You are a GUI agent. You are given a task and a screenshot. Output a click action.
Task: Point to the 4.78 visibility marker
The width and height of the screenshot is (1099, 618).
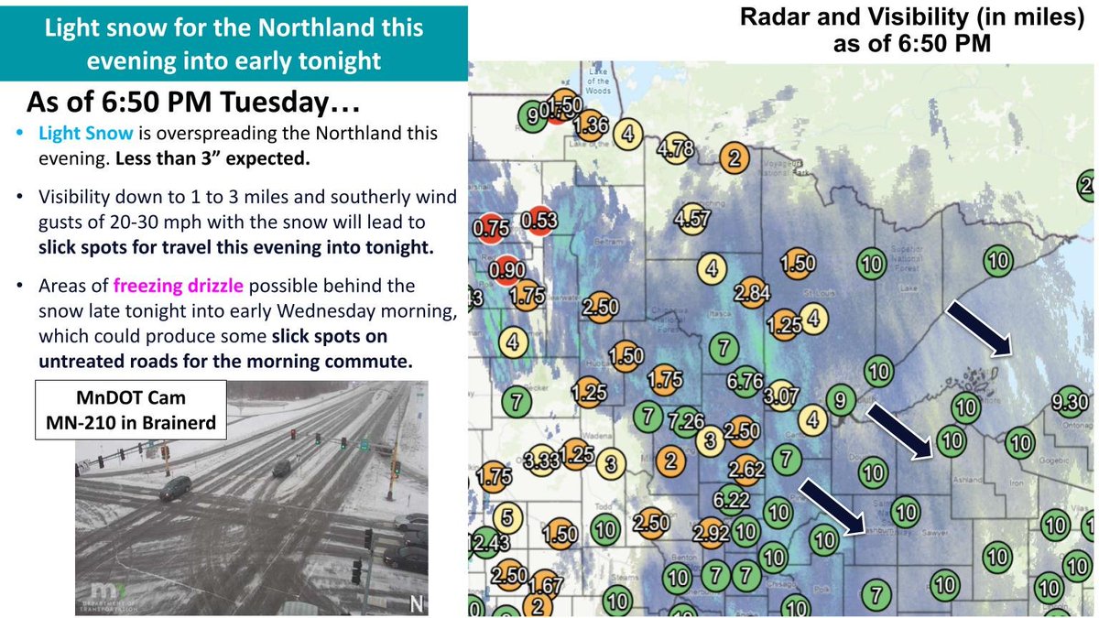[676, 149]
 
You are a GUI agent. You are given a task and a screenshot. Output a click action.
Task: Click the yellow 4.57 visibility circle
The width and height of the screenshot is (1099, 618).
[691, 220]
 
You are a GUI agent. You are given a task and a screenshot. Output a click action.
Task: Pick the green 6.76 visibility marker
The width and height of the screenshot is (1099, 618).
[744, 380]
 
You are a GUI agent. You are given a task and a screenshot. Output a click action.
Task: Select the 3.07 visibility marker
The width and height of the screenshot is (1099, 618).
[780, 395]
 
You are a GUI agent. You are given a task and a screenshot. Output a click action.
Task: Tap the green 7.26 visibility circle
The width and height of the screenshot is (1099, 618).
[685, 422]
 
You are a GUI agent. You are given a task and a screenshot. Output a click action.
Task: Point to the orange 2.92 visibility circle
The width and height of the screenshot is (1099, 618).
[711, 532]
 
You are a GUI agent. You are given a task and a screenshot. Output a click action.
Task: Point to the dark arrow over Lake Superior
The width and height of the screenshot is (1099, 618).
[979, 327]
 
